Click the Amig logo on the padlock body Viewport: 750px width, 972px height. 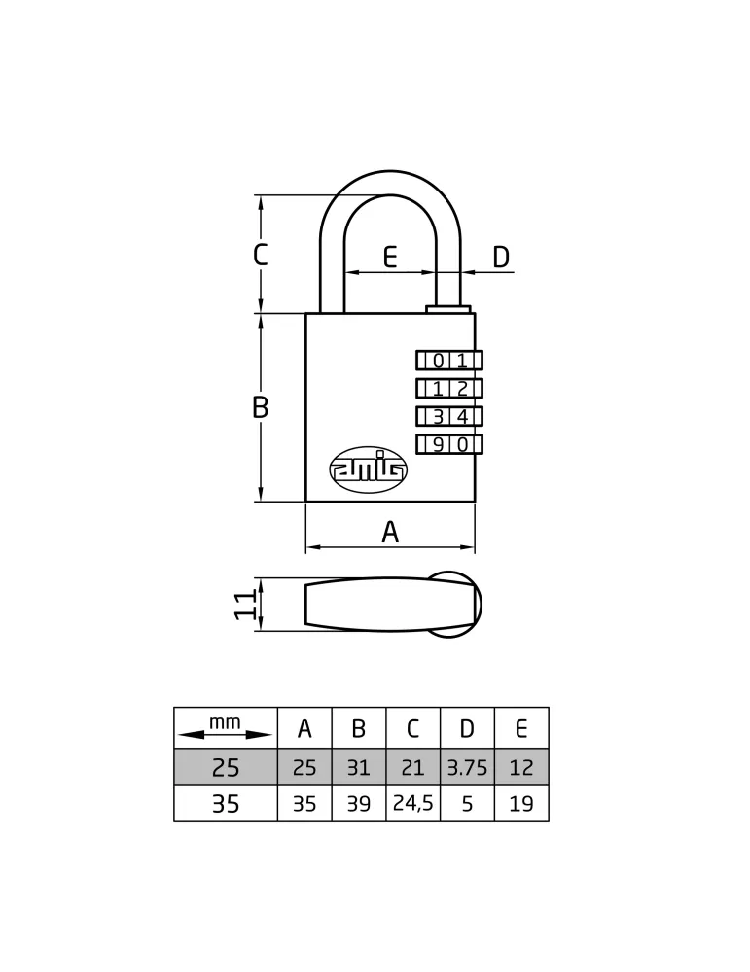click(368, 470)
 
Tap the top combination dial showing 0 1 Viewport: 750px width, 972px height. click(449, 361)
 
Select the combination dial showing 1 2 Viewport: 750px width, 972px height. click(449, 388)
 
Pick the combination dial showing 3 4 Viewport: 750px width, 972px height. click(449, 416)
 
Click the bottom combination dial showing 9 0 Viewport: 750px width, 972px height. click(449, 444)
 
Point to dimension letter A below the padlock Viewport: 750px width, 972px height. click(389, 532)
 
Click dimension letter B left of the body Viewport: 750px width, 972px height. click(261, 407)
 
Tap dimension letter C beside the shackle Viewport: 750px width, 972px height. click(261, 254)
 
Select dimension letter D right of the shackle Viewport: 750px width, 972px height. click(501, 257)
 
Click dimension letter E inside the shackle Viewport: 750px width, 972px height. click(389, 257)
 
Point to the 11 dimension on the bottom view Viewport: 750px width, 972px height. click(245, 605)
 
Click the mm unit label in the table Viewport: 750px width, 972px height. click(225, 722)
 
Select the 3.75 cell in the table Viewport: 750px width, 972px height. click(467, 768)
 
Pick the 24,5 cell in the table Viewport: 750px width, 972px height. click(413, 804)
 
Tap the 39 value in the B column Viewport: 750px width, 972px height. click(359, 804)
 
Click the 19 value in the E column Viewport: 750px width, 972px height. click(521, 804)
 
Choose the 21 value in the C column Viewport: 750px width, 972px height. click(413, 768)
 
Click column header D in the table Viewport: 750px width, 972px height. click(467, 728)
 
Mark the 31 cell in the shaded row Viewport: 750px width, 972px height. click(359, 768)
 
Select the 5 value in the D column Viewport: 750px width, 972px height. click(467, 804)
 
